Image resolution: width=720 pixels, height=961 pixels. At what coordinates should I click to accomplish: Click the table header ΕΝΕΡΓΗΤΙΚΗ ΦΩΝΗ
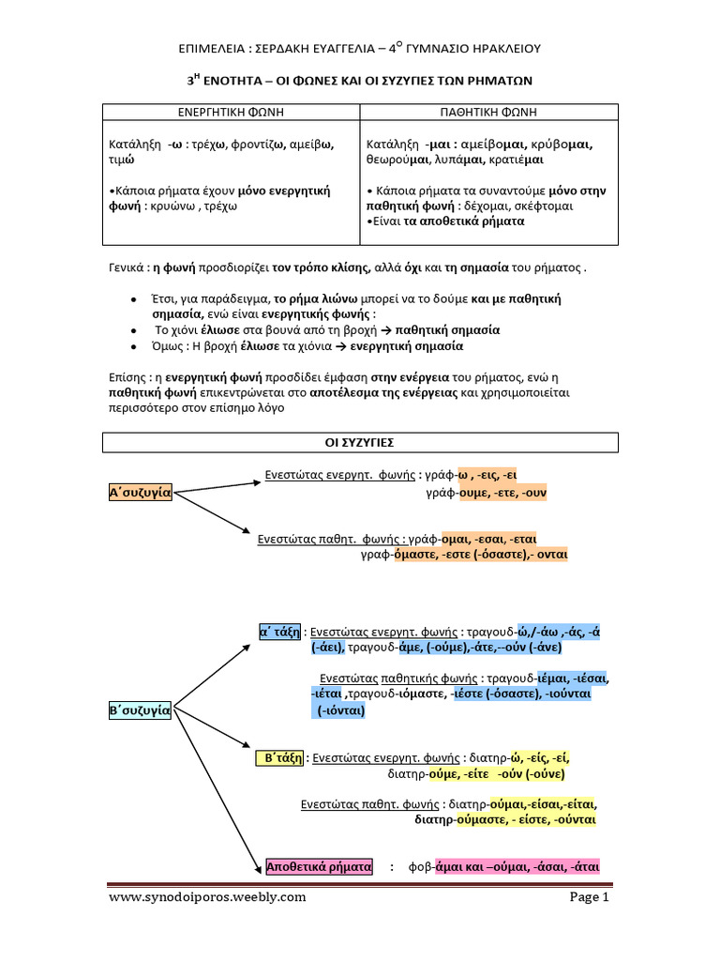(231, 112)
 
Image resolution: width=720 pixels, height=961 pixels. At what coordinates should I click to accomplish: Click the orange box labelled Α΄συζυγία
(141, 492)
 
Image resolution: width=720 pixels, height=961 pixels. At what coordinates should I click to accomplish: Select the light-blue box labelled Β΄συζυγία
(140, 710)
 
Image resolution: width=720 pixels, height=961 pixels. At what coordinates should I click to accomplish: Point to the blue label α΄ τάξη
(279, 631)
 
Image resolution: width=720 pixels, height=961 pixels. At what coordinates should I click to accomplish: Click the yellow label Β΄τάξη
(279, 757)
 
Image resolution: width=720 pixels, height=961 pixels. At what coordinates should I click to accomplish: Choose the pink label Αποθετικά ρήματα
(319, 866)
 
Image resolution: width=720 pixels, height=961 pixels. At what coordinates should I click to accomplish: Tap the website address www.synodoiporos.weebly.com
(207, 897)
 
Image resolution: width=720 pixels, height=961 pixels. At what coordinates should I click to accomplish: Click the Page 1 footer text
(590, 897)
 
